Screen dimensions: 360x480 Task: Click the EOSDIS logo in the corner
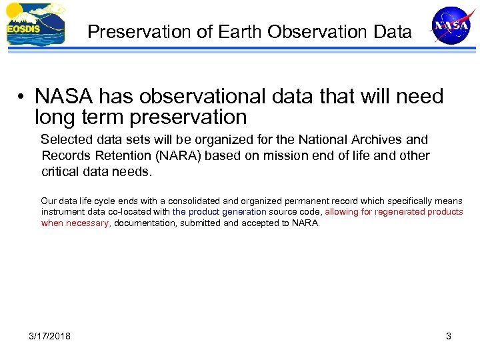tap(35, 25)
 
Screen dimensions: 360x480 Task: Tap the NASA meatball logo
tap(451, 25)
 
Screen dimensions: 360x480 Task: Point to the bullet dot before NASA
tap(22, 97)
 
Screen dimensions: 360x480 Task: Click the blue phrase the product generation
tap(219, 212)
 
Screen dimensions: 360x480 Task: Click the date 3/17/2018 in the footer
tap(50, 336)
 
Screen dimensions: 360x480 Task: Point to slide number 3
tap(449, 336)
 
